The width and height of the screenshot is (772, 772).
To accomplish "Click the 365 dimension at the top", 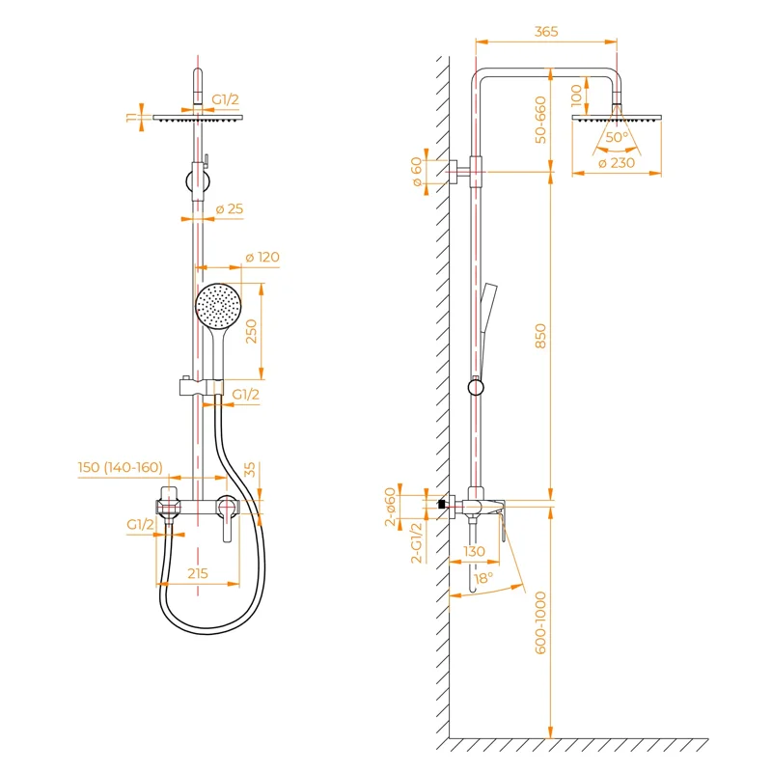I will click(546, 32).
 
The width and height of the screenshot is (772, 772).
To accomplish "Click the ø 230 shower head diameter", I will click(617, 163).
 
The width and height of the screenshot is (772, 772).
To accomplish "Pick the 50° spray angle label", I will click(616, 137).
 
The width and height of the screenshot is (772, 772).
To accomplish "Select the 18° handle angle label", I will click(482, 577).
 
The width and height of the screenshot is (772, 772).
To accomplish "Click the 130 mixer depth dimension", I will click(475, 551).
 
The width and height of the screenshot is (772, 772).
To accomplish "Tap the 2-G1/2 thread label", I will click(417, 542).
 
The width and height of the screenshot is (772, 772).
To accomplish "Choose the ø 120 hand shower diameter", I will click(261, 257).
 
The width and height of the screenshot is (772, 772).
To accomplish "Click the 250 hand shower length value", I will click(251, 331).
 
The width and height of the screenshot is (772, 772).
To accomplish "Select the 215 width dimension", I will click(198, 573).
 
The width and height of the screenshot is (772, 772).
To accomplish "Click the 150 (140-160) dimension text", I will click(121, 468).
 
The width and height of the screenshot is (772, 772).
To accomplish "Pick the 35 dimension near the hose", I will click(250, 470).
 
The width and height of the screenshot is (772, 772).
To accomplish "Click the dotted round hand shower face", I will click(217, 306).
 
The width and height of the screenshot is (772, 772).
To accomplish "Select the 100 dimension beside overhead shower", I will click(576, 94).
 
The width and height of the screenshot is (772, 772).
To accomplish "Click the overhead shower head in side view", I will click(617, 117).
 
